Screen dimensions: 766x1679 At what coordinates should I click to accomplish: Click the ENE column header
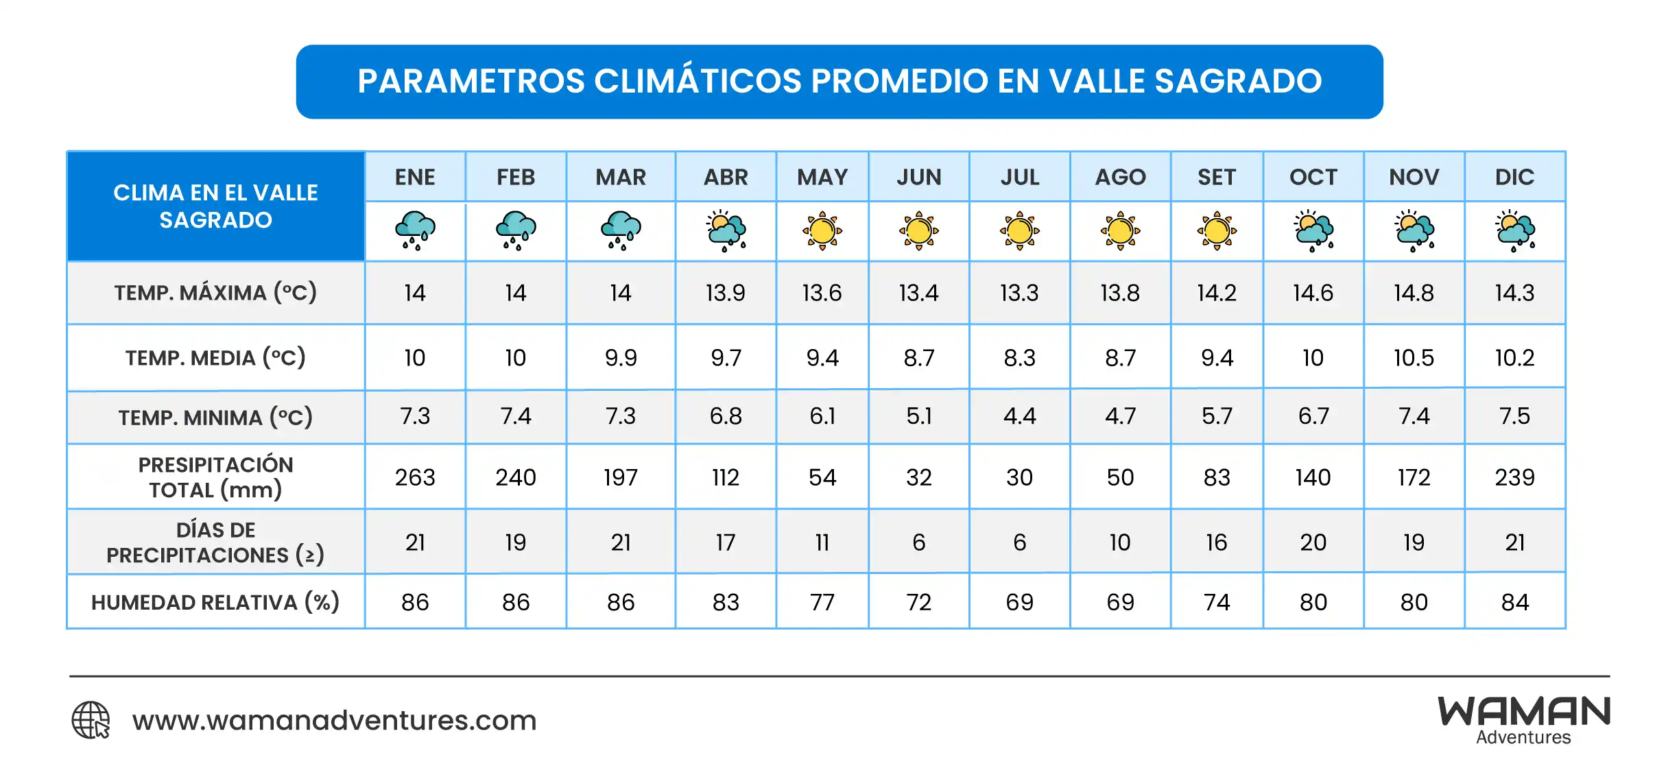tap(415, 177)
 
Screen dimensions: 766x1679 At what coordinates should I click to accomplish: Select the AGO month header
tap(1120, 177)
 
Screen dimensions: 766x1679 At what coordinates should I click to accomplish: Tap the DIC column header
tap(1514, 177)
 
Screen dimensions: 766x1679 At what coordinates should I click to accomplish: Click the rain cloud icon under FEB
tap(516, 230)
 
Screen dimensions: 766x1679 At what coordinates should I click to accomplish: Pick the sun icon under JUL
tap(1019, 230)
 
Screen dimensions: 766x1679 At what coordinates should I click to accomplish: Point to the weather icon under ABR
tap(726, 230)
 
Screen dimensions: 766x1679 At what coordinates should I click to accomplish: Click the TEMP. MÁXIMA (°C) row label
tap(215, 293)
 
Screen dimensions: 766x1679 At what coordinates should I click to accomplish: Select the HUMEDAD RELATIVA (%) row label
tap(215, 602)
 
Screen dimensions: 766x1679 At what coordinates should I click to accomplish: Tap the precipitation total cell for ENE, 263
tap(415, 477)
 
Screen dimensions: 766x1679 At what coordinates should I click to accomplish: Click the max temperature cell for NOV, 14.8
tap(1414, 293)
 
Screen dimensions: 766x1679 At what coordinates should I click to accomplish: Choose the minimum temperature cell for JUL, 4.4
tap(1019, 416)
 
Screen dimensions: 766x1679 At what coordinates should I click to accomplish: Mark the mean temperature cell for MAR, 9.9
tap(621, 357)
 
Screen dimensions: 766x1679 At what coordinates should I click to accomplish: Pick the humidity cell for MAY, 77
tap(822, 602)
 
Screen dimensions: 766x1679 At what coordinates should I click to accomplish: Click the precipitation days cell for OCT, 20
tap(1313, 542)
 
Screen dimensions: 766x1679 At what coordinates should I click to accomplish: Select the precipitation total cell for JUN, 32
tap(918, 477)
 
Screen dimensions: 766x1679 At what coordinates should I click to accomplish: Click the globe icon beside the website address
tap(91, 720)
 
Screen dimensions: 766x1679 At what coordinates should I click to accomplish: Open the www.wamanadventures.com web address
tap(335, 720)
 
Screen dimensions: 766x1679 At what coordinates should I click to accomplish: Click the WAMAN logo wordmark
tap(1524, 713)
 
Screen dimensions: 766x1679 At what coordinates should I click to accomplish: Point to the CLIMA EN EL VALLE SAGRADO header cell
tap(215, 206)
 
